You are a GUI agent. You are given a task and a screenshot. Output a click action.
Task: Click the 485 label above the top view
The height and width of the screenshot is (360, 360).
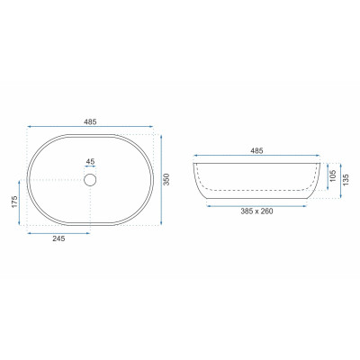(x=90, y=121)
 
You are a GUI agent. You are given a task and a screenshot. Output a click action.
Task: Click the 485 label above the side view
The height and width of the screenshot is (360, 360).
(x=256, y=150)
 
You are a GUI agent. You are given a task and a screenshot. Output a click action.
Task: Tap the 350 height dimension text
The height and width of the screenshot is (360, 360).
(x=167, y=179)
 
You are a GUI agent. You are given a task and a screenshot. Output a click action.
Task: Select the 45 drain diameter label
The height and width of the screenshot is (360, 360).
(x=90, y=161)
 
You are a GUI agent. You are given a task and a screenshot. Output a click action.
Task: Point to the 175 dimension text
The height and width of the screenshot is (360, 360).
(x=14, y=202)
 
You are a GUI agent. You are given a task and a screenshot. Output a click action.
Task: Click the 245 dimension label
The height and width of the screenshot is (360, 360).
(x=58, y=238)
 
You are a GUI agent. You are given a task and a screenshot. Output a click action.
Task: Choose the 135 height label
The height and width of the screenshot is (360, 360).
(x=346, y=180)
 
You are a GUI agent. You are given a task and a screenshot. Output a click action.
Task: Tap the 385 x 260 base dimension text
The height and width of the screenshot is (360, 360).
(x=256, y=211)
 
